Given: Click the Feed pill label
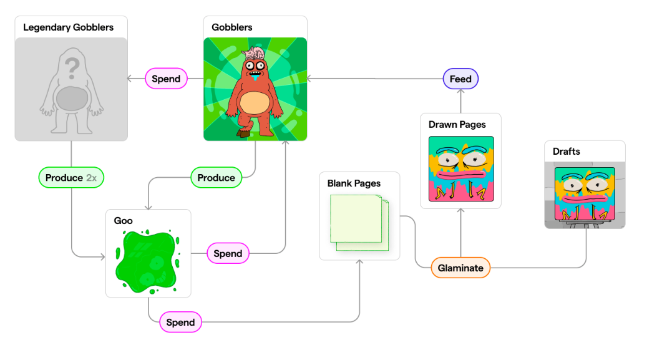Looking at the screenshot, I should tap(461, 79).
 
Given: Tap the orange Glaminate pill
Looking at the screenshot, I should tap(460, 268).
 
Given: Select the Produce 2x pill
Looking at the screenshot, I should tap(71, 178).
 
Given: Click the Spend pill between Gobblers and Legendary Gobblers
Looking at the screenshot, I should tap(166, 79).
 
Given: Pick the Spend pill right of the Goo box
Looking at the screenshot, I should tap(228, 253).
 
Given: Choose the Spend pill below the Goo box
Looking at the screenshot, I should tap(180, 323).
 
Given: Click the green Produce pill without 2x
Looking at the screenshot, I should tap(216, 178).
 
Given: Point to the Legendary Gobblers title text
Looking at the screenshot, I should tap(68, 27).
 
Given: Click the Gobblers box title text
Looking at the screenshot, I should tap(232, 27).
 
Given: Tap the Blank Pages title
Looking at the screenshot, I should tap(354, 183).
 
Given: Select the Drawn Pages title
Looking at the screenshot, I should tap(457, 125).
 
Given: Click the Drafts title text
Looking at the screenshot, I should tap(566, 152).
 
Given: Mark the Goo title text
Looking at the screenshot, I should tap(124, 221).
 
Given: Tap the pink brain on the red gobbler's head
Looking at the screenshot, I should tap(255, 54).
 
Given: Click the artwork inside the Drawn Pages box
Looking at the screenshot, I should tap(460, 168).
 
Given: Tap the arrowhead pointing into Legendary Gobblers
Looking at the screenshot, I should tap(130, 79).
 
